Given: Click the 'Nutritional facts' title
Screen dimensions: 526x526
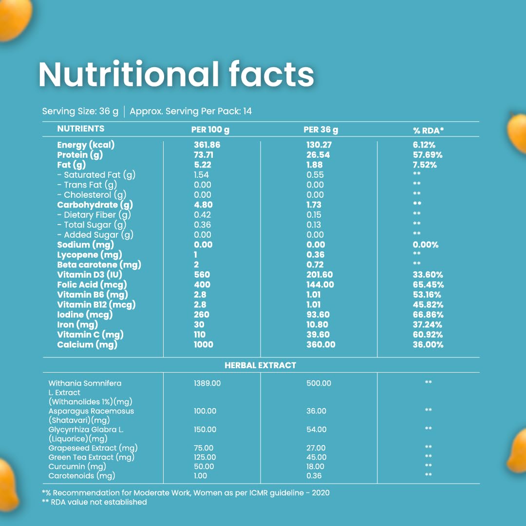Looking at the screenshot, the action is pos(176,74).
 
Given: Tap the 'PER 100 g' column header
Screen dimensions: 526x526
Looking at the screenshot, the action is pos(210,130).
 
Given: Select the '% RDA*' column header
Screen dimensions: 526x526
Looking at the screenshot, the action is pos(429,131).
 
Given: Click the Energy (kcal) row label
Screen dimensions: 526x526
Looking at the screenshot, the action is pos(86,145).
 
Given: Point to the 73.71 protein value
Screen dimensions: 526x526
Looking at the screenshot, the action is pos(204,155).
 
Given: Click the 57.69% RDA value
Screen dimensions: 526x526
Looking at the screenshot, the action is pos(428,155).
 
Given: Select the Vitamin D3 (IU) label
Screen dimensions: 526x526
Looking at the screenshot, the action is pos(90,275).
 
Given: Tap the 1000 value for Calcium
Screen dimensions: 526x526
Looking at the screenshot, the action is pos(204,344).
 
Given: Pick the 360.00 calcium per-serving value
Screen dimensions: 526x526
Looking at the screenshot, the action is pos(320,344).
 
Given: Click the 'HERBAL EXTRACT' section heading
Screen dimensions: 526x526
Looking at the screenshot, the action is pos(260,365).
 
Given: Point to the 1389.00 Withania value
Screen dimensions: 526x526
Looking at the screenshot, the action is pos(207,383).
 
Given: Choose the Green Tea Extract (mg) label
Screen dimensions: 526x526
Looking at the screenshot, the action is pos(91,457).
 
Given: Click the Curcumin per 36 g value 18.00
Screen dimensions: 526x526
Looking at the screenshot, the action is pos(315,467).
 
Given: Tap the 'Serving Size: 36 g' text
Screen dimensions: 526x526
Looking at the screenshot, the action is pos(80,112).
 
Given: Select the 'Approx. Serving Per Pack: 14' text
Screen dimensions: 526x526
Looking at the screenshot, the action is pos(190,112).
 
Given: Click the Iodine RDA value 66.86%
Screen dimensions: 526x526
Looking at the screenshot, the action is pos(428,315).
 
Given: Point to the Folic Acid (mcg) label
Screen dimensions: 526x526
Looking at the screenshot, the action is pos(92,285).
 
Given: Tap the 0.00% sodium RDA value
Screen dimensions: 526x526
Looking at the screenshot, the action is pos(426,245).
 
